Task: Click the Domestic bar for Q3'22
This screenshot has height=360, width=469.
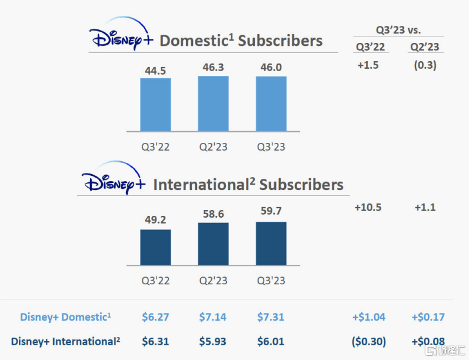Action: (155, 104)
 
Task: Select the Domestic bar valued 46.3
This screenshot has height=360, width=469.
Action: (213, 103)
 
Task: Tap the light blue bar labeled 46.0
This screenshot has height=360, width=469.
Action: (271, 104)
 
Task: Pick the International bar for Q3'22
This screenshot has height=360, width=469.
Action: (155, 247)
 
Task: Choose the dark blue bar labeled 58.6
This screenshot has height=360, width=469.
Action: (213, 244)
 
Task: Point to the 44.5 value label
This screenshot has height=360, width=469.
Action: (155, 71)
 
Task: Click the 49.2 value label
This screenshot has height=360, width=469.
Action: (155, 220)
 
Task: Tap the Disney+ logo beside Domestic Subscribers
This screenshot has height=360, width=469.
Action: (121, 38)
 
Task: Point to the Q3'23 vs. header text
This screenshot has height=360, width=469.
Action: (399, 29)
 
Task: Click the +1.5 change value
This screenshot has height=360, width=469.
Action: (368, 65)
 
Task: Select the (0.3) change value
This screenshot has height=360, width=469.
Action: (425, 65)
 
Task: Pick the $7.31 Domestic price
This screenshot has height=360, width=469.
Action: (271, 317)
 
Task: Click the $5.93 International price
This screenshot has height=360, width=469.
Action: (213, 341)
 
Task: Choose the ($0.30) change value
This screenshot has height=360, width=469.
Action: (368, 341)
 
